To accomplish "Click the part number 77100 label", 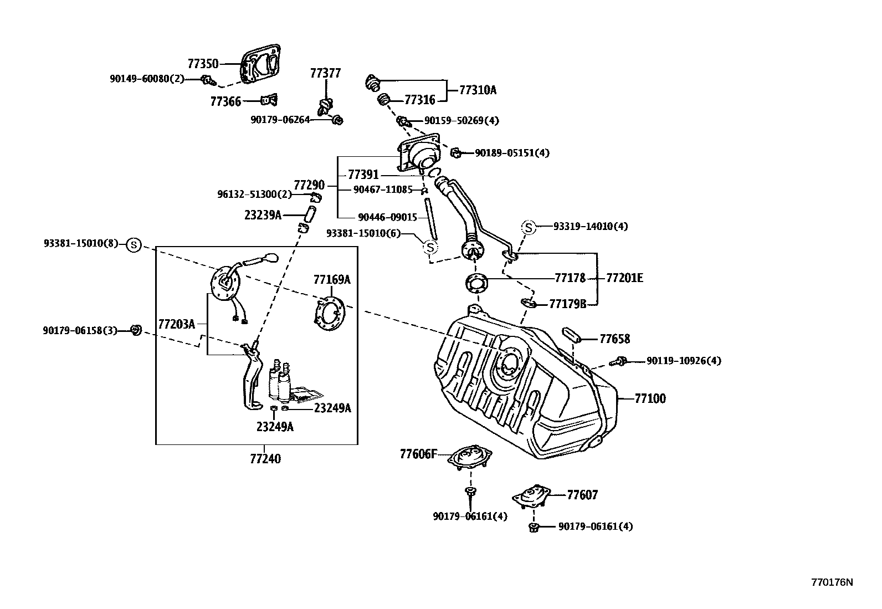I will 650,398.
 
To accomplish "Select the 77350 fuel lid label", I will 203,64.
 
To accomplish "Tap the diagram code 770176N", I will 832,582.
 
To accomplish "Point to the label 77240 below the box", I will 265,459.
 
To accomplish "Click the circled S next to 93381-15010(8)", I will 134,244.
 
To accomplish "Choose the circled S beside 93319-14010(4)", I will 529,227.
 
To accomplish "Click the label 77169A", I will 332,279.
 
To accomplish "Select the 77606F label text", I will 418,454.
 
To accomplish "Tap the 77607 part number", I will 582,495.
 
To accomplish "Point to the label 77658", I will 615,339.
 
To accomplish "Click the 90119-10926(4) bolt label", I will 684,361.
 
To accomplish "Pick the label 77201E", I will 625,278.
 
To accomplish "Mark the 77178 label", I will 570,278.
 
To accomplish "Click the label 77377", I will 325,73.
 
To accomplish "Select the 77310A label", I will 478,89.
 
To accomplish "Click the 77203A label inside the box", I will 176,324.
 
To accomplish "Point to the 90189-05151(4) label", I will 512,152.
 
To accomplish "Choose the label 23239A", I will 263,214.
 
